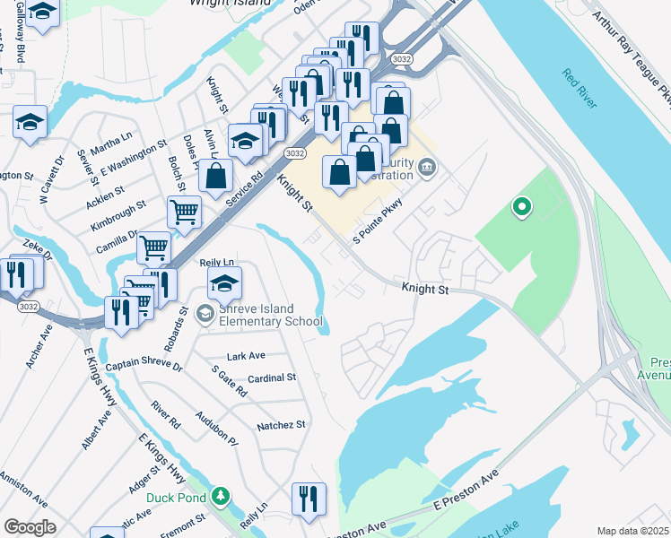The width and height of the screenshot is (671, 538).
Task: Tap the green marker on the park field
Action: [521, 209]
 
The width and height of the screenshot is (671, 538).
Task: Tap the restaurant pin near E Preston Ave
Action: [309, 499]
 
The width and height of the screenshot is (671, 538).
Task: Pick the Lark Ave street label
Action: [247, 356]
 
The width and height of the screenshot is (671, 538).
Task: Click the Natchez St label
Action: [281, 424]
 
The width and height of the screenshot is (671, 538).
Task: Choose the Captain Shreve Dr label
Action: [144, 367]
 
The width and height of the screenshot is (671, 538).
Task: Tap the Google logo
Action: [30, 527]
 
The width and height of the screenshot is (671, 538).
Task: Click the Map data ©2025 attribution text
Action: [633, 531]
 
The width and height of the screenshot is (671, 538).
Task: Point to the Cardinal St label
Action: [272, 378]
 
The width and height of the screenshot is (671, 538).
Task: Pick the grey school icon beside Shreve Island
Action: [205, 313]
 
